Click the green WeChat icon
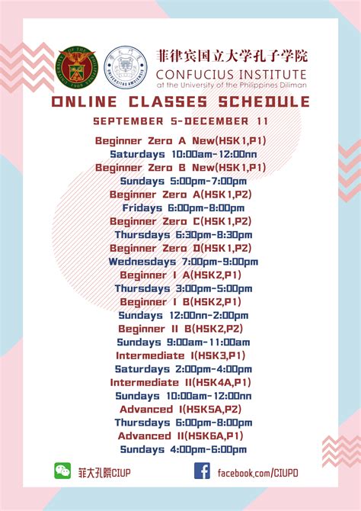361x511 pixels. pyautogui.click(x=62, y=471)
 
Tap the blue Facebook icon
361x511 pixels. pyautogui.click(x=202, y=471)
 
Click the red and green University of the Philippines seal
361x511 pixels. pyautogui.click(x=76, y=67)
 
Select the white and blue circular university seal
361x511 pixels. pyautogui.click(x=126, y=67)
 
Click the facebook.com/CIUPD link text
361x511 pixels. pyautogui.click(x=258, y=473)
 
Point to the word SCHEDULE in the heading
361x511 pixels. pyautogui.click(x=264, y=101)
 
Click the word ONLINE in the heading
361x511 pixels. pyautogui.click(x=84, y=101)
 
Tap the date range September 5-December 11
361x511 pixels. pyautogui.click(x=180, y=121)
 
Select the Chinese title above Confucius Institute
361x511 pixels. pyautogui.click(x=232, y=56)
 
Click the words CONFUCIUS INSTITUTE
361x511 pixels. pyautogui.click(x=231, y=75)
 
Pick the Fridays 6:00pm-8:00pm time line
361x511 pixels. pyautogui.click(x=184, y=208)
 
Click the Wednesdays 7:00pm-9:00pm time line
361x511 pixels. pyautogui.click(x=184, y=262)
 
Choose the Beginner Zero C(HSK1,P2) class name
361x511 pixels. pyautogui.click(x=180, y=221)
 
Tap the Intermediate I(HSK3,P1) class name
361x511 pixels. pyautogui.click(x=180, y=355)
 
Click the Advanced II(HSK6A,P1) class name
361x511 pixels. pyautogui.click(x=180, y=435)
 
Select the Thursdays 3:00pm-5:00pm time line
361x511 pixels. pyautogui.click(x=184, y=288)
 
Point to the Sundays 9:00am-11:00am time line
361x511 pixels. pyautogui.click(x=184, y=342)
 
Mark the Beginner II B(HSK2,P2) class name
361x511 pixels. pyautogui.click(x=180, y=329)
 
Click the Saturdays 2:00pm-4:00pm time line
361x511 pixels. pyautogui.click(x=184, y=369)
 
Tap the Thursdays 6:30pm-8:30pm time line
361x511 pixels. pyautogui.click(x=184, y=235)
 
